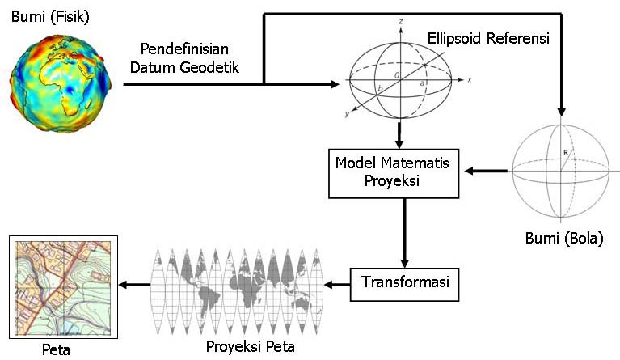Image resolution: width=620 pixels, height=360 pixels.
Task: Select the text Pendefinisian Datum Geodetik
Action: click(190, 57)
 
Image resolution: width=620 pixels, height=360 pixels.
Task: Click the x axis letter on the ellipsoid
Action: click(470, 81)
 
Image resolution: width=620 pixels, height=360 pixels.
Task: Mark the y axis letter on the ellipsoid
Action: click(347, 115)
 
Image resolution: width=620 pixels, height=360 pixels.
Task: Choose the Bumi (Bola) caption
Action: click(563, 239)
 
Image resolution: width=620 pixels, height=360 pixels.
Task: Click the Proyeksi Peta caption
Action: click(249, 347)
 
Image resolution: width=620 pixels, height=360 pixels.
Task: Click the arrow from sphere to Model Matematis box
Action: click(489, 171)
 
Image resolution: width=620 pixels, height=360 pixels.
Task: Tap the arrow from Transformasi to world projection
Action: click(337, 284)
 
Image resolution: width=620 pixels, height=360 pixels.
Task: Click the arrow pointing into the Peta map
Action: click(134, 284)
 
